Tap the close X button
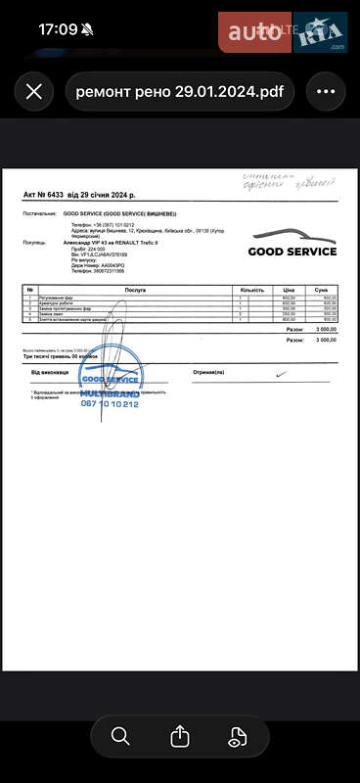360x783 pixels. pos(33,92)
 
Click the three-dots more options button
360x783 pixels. pos(326,92)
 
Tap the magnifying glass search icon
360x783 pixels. pos(120,736)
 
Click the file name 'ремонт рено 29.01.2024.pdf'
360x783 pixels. pos(180,92)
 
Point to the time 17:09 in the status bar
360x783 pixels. pos(58,29)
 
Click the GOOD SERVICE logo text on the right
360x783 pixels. pos(292,252)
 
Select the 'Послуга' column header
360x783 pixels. pos(135,290)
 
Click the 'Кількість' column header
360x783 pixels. pos(251,290)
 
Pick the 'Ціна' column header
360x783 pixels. pos(290,290)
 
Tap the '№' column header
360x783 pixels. pos(30,290)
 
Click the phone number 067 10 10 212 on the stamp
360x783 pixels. pos(110,404)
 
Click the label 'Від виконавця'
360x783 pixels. pos(50,373)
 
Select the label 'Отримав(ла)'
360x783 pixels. pos(208,373)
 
